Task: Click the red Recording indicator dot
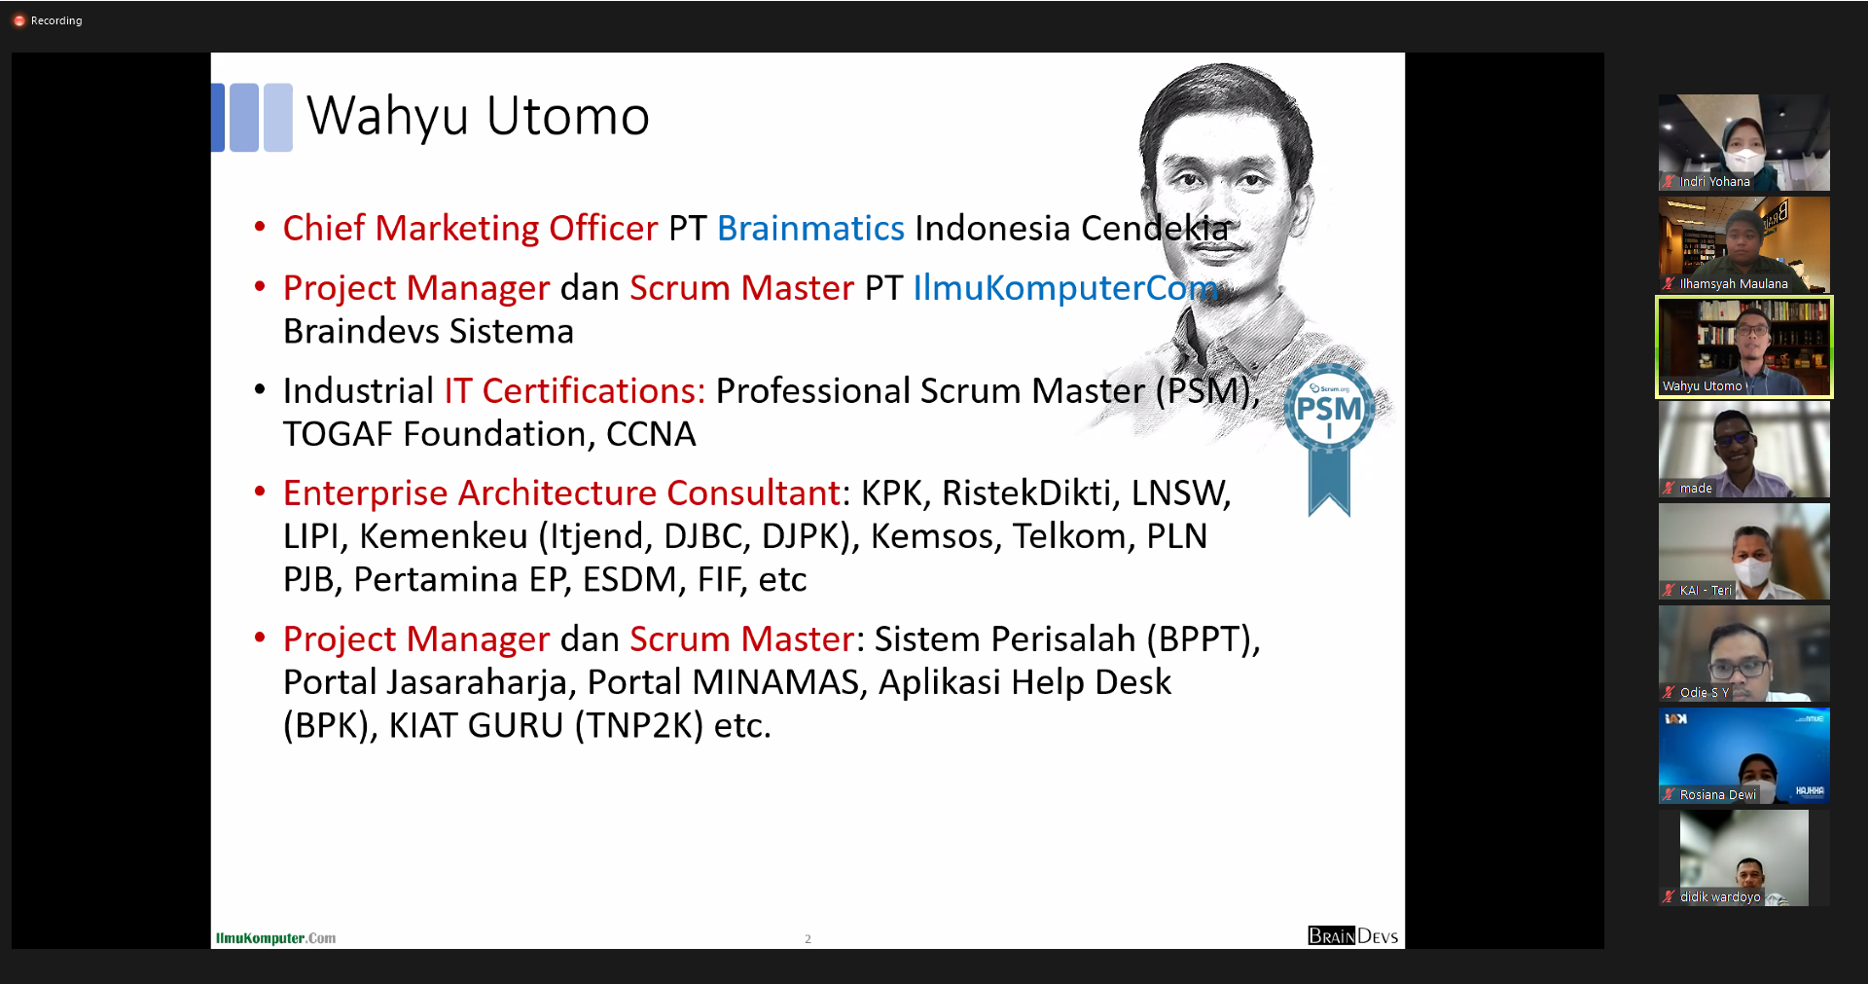[18, 20]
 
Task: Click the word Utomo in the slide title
[567, 116]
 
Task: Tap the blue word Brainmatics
[810, 228]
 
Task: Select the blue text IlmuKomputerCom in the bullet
[1065, 288]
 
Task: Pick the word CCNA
[651, 434]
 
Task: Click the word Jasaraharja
[477, 683]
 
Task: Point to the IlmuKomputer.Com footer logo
[275, 938]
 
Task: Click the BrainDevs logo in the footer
[1352, 936]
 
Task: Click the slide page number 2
[808, 939]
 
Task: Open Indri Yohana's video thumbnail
[1743, 142]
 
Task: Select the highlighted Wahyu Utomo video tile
[1743, 347]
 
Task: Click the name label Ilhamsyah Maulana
[1734, 284]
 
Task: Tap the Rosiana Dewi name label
[1718, 795]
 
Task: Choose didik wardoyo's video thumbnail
[1743, 857]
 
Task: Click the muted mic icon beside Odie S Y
[1669, 693]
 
